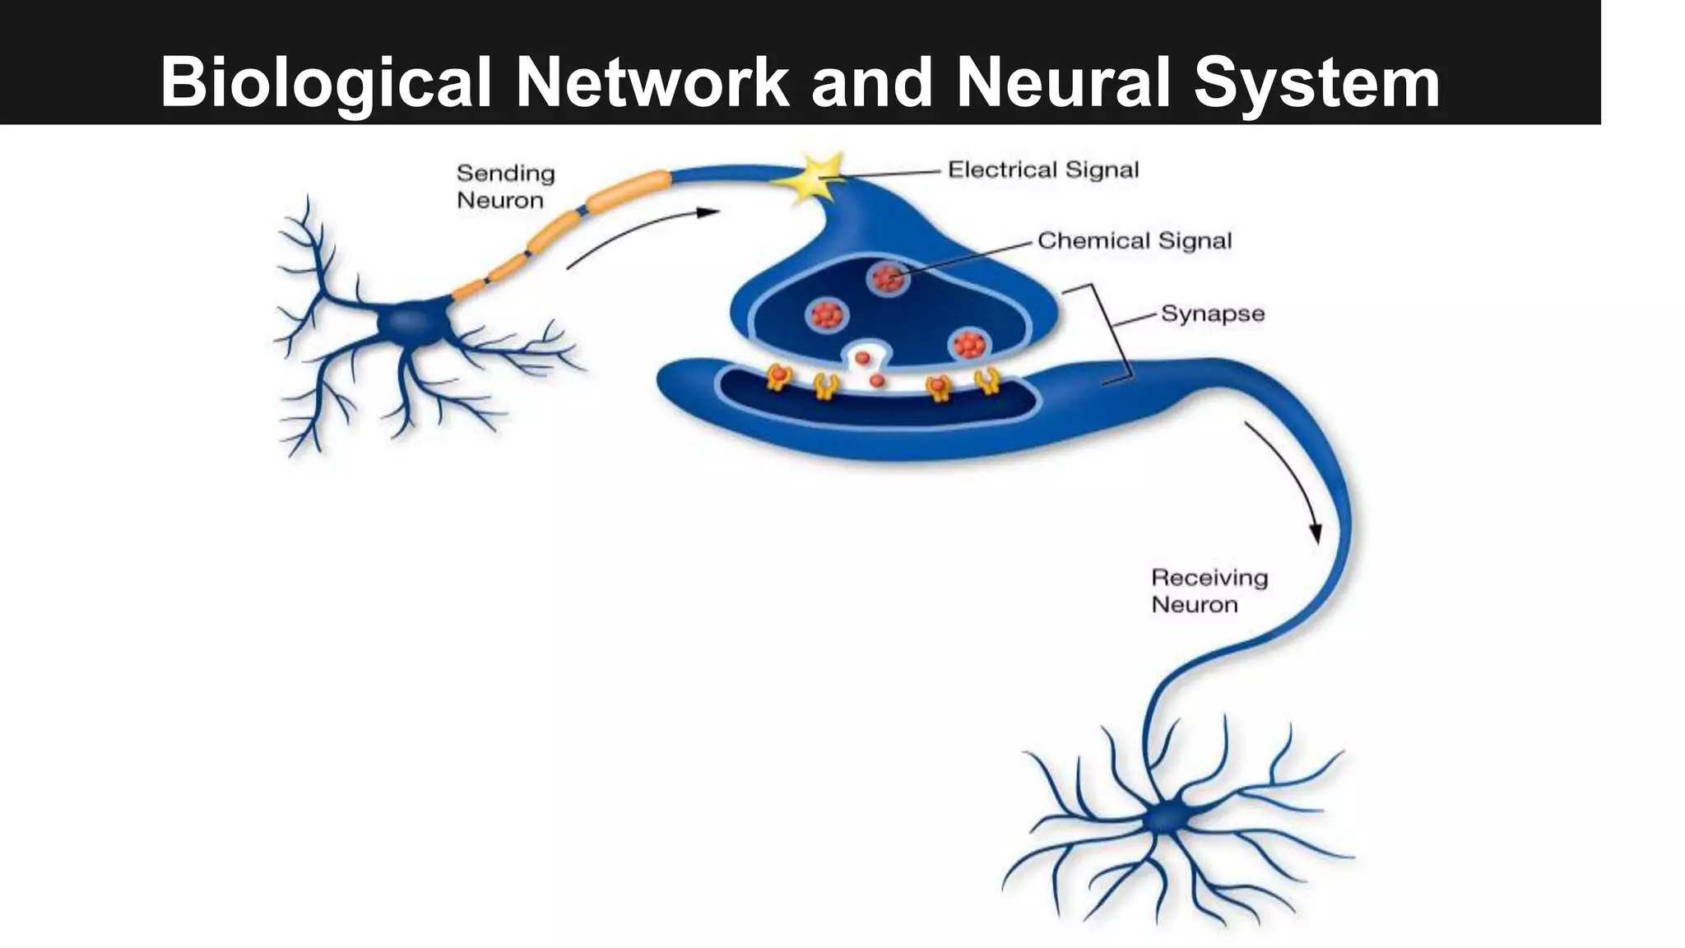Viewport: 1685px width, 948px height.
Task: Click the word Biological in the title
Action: [x=326, y=82]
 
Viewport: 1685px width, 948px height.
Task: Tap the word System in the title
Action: [x=1316, y=82]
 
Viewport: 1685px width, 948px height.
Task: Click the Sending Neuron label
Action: [x=505, y=187]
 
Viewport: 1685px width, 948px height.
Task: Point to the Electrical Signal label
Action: [x=1043, y=170]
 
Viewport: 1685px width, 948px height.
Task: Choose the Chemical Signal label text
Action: [x=1134, y=241]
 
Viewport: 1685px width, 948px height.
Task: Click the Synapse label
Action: [x=1212, y=314]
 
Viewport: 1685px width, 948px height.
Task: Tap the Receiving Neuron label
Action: [x=1209, y=591]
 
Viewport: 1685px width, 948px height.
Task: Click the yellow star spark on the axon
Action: [x=815, y=175]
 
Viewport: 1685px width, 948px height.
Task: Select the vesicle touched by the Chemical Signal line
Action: [x=888, y=279]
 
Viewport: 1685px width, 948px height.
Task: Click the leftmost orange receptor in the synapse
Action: [x=778, y=378]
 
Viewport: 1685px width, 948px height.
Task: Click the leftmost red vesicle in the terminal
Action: [x=826, y=314]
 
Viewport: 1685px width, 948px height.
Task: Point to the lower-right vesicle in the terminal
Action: [x=968, y=344]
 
